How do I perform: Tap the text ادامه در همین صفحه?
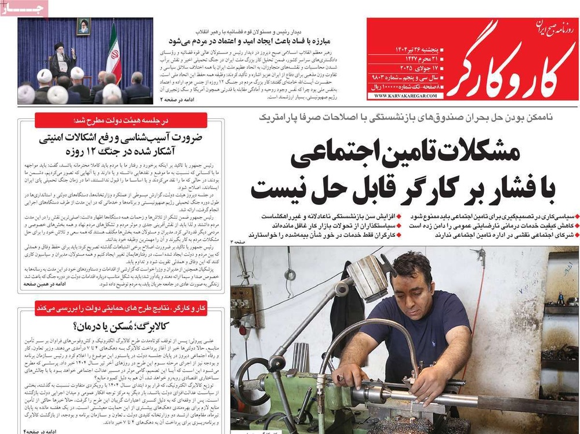pos(43,284)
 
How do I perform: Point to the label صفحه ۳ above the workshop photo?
pos(238,240)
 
